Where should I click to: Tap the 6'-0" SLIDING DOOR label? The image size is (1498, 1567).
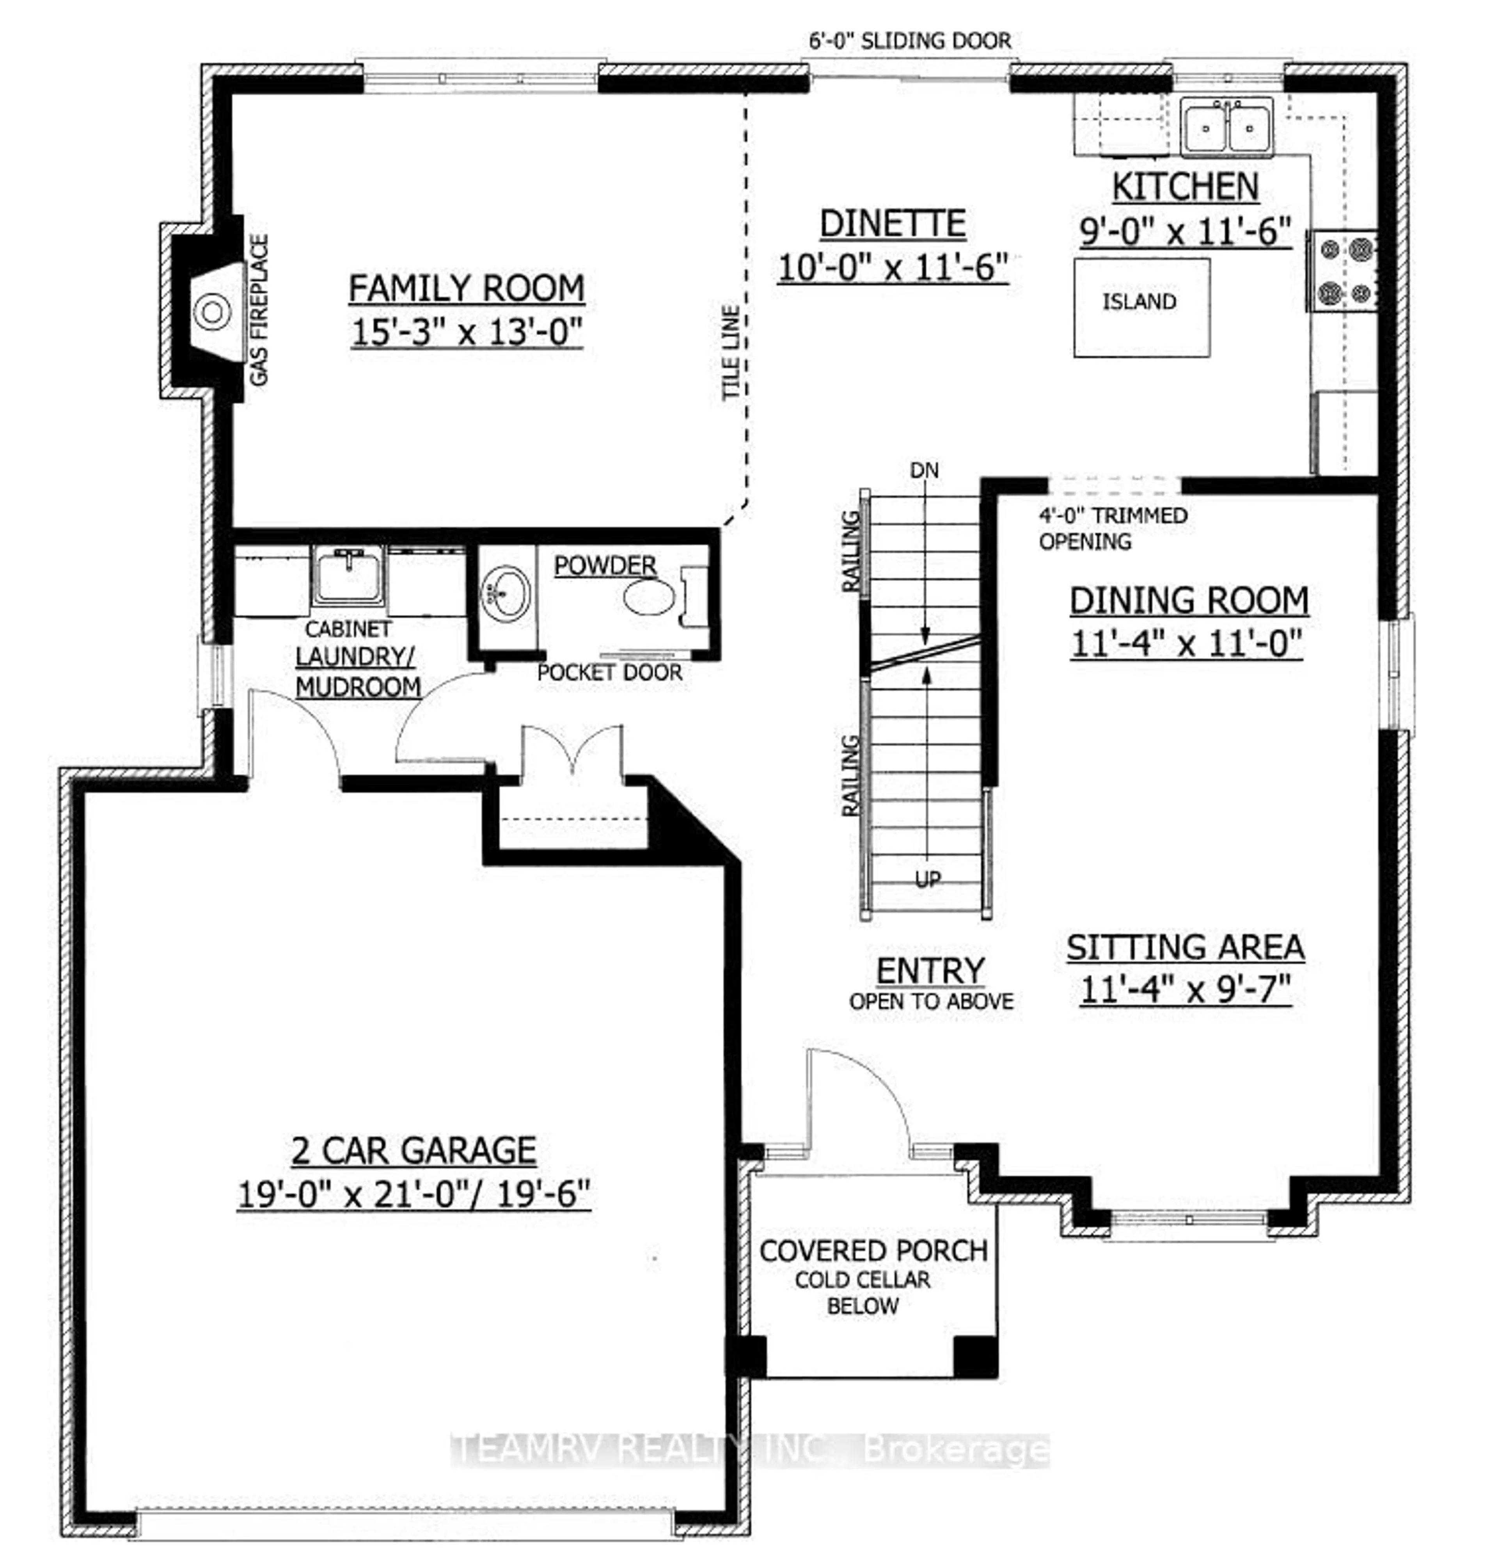coord(910,41)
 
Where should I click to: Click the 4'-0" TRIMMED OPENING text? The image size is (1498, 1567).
coord(1112,528)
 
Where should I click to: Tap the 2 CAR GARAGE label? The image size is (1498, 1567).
coord(414,1151)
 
